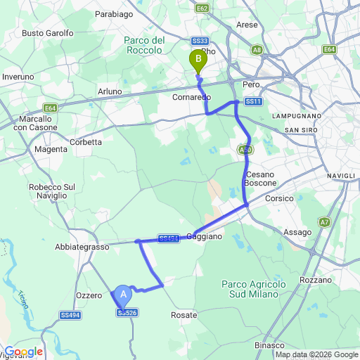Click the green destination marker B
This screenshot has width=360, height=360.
point(198,61)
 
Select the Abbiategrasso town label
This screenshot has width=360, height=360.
point(82,247)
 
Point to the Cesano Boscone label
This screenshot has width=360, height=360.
point(260,179)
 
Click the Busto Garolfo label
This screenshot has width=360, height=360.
point(48,33)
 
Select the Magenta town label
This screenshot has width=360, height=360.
point(50,149)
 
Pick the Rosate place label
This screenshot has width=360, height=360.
point(184,316)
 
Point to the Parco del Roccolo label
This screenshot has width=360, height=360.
point(144,45)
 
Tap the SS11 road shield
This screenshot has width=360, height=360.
point(254,102)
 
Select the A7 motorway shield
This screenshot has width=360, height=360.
point(324,222)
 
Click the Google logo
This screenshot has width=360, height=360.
point(23,352)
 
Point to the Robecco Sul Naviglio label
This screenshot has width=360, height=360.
point(51,192)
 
